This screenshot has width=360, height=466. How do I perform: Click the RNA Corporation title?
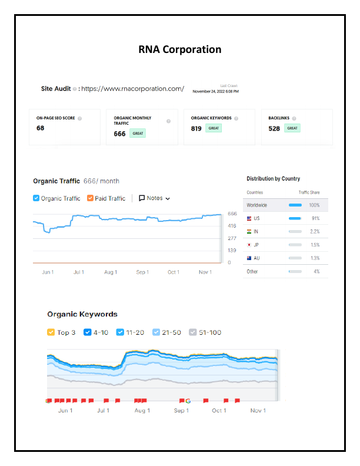click(180, 49)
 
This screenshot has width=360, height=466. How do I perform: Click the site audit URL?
click(132, 89)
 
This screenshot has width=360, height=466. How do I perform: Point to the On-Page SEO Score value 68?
click(41, 128)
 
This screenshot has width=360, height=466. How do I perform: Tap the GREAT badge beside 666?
click(138, 134)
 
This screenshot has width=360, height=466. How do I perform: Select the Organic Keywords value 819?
click(196, 128)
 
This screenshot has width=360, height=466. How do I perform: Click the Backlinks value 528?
click(274, 128)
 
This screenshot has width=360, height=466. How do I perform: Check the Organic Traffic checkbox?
click(36, 198)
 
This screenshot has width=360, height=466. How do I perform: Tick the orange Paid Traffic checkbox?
click(90, 198)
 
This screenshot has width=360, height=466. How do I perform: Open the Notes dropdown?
click(155, 198)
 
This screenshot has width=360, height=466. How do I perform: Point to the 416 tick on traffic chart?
click(232, 226)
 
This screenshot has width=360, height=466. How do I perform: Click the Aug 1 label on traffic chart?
click(110, 272)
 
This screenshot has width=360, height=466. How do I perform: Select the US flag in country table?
click(249, 218)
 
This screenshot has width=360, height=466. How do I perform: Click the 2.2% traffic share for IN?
click(314, 232)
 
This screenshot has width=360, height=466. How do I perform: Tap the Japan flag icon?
click(249, 245)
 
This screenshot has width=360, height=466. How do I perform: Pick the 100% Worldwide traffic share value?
click(314, 205)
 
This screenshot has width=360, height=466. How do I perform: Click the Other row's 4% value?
click(316, 272)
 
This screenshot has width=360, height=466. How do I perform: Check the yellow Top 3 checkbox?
click(51, 332)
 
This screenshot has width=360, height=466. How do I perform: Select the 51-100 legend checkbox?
click(192, 332)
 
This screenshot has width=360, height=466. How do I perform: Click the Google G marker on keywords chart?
click(188, 401)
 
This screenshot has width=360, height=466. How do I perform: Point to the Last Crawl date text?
click(216, 92)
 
